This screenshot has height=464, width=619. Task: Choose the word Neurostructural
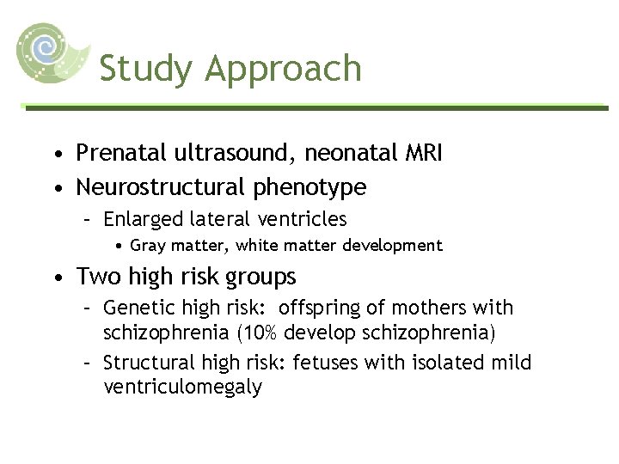(x=156, y=186)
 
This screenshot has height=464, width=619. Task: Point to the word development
(x=392, y=246)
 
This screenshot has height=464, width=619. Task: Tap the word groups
(x=260, y=278)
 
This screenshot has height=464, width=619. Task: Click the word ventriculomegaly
(x=182, y=388)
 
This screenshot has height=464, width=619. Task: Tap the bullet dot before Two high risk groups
(x=56, y=278)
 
